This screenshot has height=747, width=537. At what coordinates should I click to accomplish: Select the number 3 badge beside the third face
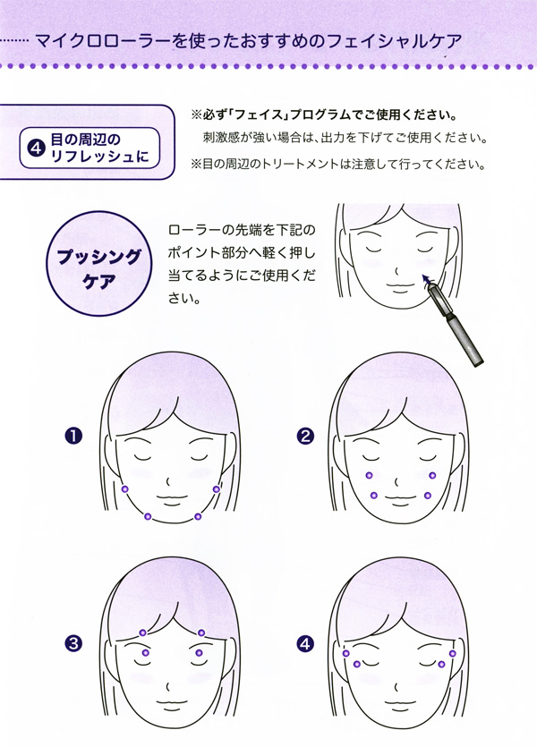coord(73,642)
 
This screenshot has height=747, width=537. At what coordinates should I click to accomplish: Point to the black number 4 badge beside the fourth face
coord(306,642)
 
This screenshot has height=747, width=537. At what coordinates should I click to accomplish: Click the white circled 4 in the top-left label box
coord(38,149)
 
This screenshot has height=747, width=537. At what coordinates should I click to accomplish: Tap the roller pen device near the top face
coord(461,324)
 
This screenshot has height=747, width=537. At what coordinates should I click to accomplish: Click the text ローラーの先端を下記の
coord(242,231)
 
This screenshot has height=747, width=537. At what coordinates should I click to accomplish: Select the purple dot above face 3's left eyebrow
coord(143,633)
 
